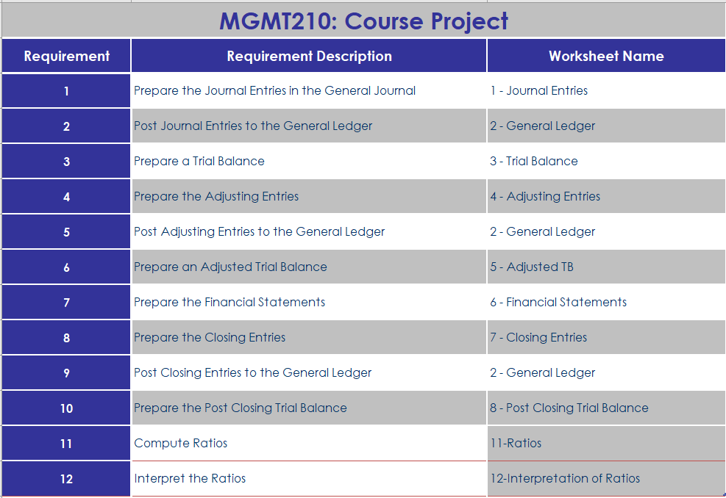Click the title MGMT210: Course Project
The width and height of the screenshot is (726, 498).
363,21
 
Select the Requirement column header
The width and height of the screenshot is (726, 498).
66,56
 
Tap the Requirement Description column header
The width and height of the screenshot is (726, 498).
309,56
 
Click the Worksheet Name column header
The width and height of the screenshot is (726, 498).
606,56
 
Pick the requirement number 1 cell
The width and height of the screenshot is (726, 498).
66,91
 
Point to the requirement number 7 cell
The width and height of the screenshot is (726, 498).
66,303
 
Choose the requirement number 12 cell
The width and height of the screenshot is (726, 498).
66,479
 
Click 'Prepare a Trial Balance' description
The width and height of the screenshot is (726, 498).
199,162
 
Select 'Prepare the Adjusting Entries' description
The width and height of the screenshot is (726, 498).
216,197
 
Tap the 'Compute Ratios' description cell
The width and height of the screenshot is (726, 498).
181,444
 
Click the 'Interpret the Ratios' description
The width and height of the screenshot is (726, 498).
190,479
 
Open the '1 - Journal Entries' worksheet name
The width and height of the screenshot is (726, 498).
539,91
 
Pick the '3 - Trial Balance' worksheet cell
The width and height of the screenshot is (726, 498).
534,162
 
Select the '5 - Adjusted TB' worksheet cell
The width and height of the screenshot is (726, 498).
532,267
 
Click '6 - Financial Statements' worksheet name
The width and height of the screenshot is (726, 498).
558,303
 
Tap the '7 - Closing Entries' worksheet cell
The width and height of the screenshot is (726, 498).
538,338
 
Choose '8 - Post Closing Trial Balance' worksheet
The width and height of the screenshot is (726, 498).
569,408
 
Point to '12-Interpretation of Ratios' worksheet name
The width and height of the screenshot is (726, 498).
565,479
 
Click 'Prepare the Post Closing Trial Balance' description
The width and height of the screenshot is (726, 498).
241,408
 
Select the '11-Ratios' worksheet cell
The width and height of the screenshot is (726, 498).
516,444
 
